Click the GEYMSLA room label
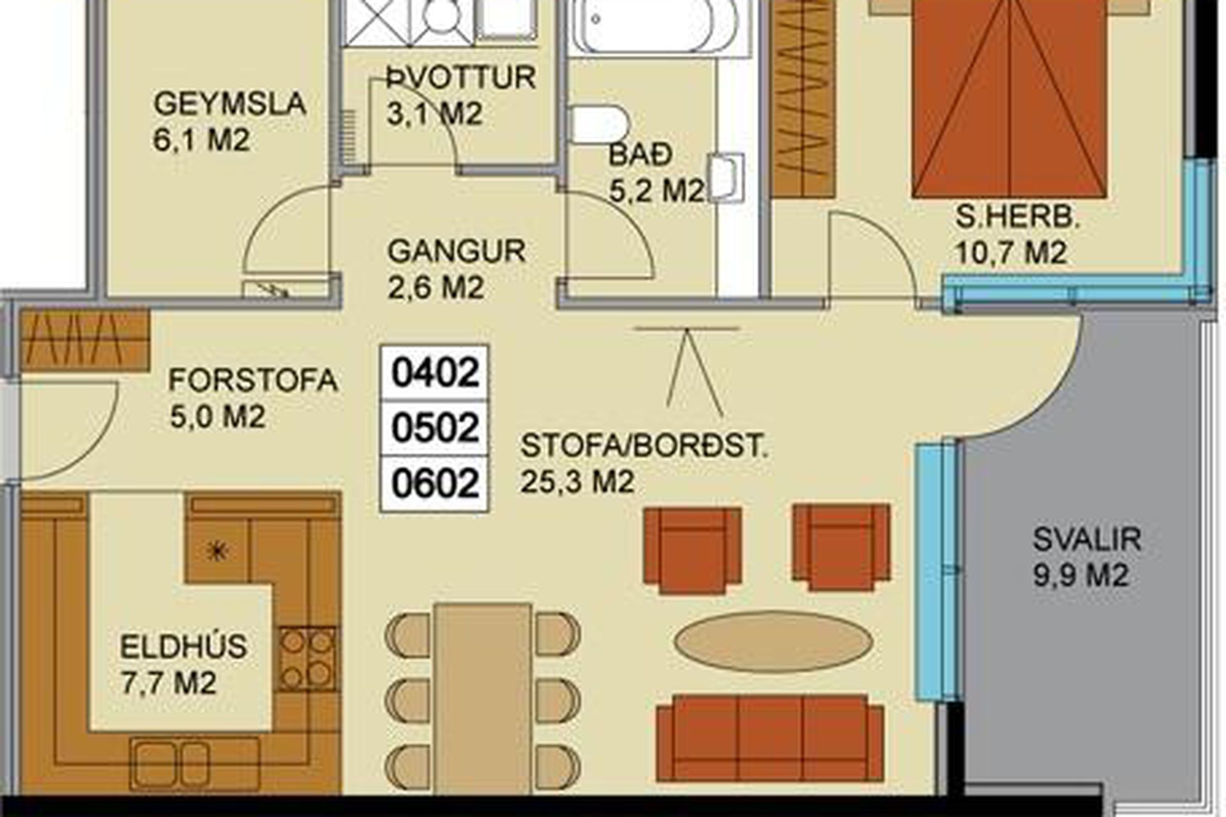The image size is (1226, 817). (x=230, y=103)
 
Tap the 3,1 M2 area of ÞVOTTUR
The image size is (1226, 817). (x=434, y=115)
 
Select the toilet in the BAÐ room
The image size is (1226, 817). (x=599, y=124)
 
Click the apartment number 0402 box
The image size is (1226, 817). (x=435, y=372)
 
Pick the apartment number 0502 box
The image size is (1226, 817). (x=435, y=428)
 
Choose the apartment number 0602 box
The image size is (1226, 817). (x=435, y=483)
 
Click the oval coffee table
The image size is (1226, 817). (x=774, y=642)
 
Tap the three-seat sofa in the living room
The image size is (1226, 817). (x=770, y=738)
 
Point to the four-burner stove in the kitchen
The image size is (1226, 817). (x=307, y=659)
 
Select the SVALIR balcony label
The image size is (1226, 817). (x=1087, y=539)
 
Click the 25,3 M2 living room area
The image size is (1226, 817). (x=577, y=482)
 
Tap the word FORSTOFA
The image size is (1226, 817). (x=253, y=380)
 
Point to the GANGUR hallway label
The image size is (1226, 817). (x=457, y=251)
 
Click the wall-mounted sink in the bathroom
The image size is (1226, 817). (x=727, y=177)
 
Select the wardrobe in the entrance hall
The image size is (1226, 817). (x=85, y=340)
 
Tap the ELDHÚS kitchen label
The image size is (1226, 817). (x=183, y=647)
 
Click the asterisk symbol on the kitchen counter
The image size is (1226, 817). (x=218, y=551)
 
